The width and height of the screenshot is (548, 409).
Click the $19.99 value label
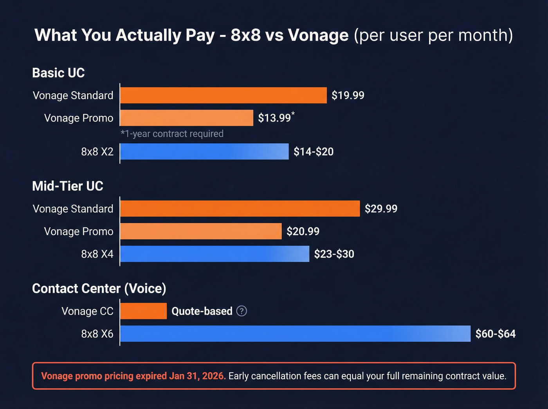(348, 95)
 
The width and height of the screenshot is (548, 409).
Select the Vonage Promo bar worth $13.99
(187, 118)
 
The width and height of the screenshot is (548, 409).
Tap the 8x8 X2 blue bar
(204, 151)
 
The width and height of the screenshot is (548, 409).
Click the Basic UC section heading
(58, 73)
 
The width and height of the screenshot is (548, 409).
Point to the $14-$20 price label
(314, 152)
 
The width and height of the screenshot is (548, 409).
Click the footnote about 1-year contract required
(172, 134)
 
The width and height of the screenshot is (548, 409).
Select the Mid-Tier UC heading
(68, 186)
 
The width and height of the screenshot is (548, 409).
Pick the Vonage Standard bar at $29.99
(240, 209)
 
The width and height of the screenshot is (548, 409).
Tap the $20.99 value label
(303, 231)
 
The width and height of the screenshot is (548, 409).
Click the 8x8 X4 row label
(97, 254)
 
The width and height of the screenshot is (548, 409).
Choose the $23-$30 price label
(334, 254)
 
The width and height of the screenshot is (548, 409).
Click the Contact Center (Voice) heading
(99, 288)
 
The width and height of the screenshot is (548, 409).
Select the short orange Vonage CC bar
(143, 311)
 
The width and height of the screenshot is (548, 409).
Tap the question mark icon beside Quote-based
(242, 311)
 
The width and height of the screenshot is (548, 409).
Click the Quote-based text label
(202, 311)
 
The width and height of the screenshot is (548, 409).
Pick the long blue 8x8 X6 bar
(295, 334)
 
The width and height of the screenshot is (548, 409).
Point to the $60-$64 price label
(495, 334)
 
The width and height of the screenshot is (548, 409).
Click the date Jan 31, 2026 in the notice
(197, 376)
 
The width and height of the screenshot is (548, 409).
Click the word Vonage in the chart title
(318, 35)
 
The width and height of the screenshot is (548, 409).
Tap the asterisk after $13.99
(293, 114)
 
